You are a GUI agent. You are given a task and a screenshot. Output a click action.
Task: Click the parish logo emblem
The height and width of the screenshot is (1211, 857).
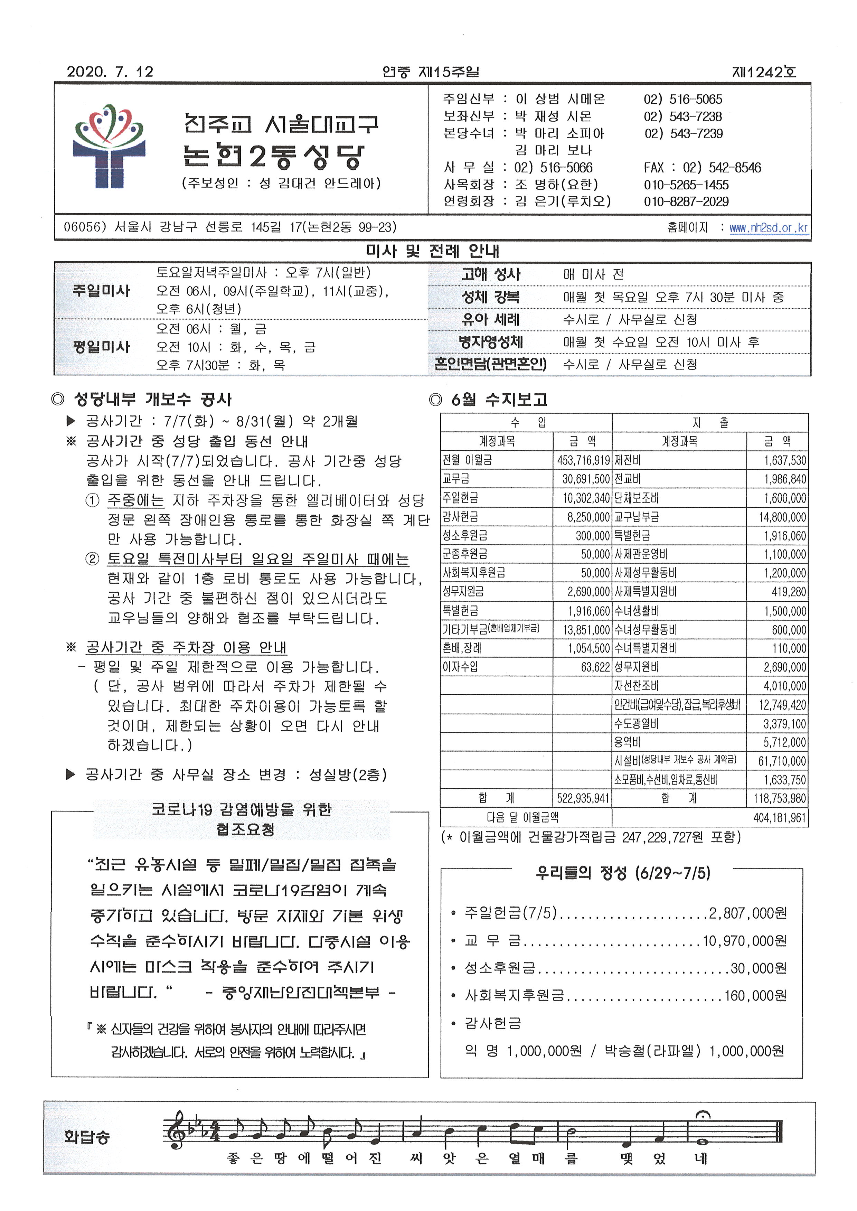[x=109, y=146]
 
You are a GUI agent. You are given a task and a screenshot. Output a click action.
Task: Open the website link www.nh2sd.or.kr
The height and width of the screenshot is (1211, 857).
[x=768, y=228]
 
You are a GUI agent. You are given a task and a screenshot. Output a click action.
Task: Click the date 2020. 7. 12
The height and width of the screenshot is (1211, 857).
[x=110, y=72]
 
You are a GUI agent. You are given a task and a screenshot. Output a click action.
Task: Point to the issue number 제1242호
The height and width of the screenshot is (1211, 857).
[x=764, y=72]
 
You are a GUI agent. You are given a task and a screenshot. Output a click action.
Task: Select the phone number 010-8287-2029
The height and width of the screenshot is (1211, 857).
[x=686, y=201]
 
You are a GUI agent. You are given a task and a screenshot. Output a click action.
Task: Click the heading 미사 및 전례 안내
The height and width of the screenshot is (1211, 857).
[x=432, y=251]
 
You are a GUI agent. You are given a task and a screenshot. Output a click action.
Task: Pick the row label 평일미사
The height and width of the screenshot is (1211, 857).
[x=101, y=347]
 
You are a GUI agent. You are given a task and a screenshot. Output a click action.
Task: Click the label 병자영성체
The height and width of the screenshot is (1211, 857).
[x=490, y=342]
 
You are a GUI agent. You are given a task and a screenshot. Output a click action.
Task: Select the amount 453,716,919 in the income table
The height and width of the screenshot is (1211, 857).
[x=583, y=460]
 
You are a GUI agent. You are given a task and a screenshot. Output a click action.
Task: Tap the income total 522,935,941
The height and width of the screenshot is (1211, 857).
[x=583, y=798]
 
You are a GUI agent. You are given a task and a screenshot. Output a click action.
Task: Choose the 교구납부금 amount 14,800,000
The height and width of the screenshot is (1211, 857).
[x=782, y=517]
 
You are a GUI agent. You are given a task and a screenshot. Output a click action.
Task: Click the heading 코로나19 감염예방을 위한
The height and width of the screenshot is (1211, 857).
[x=241, y=809]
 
